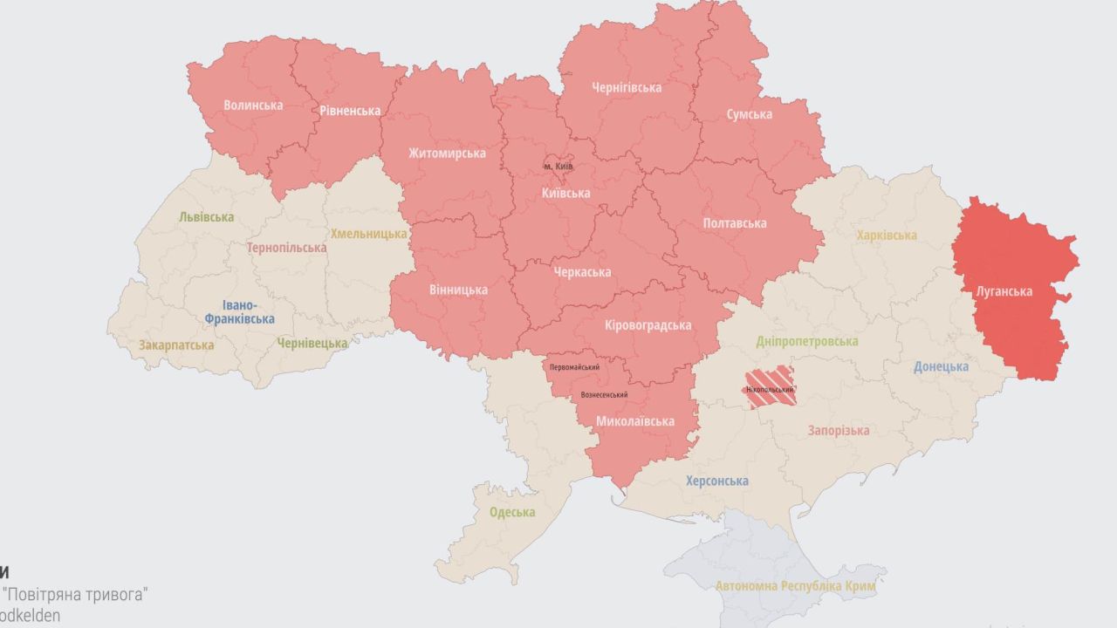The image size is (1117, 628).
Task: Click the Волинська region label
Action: pos(253,106)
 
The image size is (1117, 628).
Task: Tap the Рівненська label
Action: pos(349,111)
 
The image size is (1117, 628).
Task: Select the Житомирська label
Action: pos(447,154)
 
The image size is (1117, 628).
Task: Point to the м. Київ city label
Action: pos(558,166)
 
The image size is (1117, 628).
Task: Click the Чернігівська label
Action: pos(626,87)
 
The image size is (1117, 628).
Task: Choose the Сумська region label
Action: pos(749,114)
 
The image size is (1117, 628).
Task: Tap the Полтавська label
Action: pos(735,223)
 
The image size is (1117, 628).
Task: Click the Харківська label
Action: pos(886,235)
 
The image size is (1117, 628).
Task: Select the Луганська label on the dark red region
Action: pos(1003,291)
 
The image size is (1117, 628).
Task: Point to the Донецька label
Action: pos(941,366)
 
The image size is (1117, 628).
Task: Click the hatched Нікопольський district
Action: pos(770,389)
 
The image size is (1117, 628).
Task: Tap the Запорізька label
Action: pos(838,431)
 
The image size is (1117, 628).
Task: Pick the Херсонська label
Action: pos(716,481)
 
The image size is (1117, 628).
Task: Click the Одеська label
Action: pos(511,512)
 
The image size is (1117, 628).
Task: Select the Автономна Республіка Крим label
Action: pos(795,586)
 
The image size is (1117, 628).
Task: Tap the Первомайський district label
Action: pos(574,367)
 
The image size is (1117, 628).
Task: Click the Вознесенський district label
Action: pos(604,395)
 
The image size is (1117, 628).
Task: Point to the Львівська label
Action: pos(206,216)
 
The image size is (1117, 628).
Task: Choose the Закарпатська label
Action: pos(175,345)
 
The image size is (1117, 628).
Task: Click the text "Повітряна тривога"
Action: pos(77,595)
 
